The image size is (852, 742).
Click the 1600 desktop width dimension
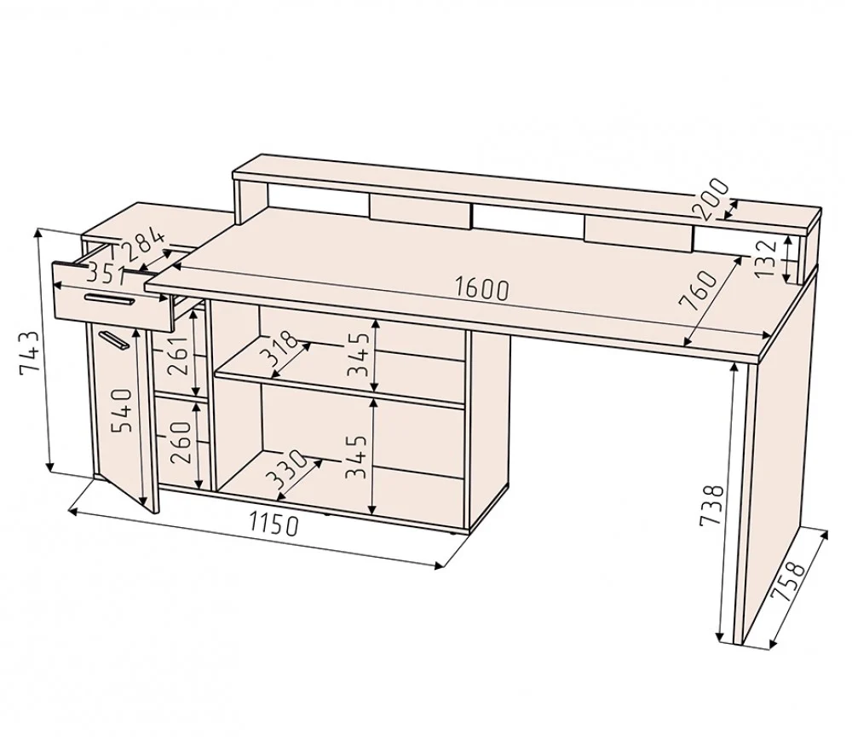482,289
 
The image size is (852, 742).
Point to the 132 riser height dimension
765,258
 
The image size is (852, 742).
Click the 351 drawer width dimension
106,274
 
